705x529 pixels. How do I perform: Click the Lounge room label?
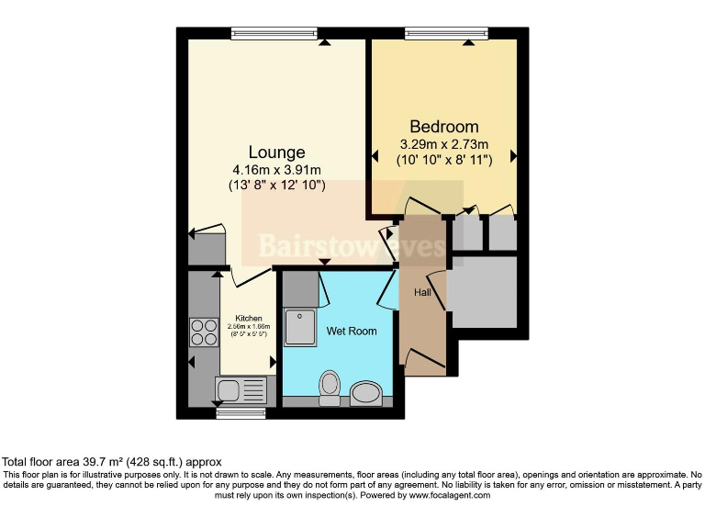click(276, 152)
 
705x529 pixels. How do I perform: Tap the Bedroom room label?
click(444, 127)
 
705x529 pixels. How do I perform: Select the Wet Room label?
click(352, 331)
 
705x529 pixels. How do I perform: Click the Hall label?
click(421, 292)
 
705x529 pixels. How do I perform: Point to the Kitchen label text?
click(248, 318)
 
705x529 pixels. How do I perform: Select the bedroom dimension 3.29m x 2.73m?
click(444, 144)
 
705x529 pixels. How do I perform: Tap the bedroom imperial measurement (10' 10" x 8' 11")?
click(444, 160)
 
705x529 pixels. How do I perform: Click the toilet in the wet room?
click(328, 388)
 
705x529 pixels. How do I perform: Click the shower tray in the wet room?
click(300, 327)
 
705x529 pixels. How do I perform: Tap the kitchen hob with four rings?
click(202, 332)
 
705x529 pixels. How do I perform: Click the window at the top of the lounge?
click(273, 34)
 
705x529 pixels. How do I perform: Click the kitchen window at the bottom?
click(241, 413)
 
